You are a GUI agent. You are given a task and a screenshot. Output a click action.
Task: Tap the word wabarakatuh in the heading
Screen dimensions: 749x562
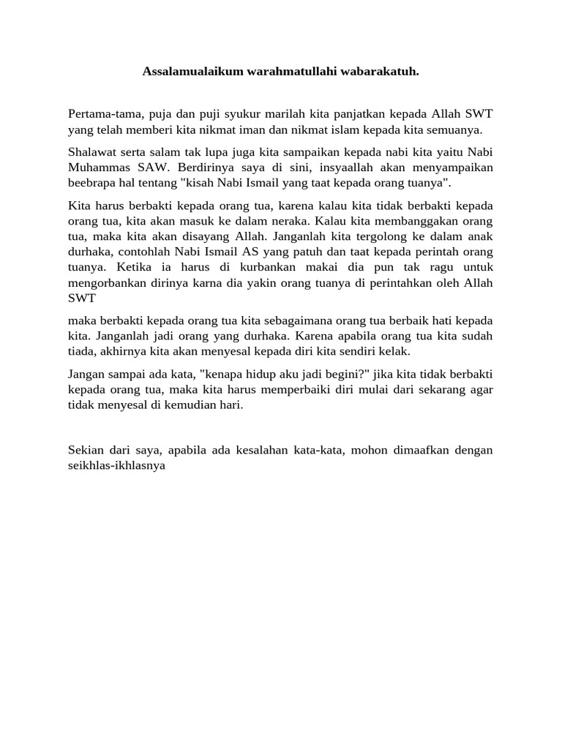coord(381,72)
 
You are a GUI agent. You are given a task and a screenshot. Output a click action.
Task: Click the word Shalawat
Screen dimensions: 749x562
coord(91,152)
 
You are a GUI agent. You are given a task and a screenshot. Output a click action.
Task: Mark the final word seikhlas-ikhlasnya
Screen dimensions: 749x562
coord(117,464)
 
